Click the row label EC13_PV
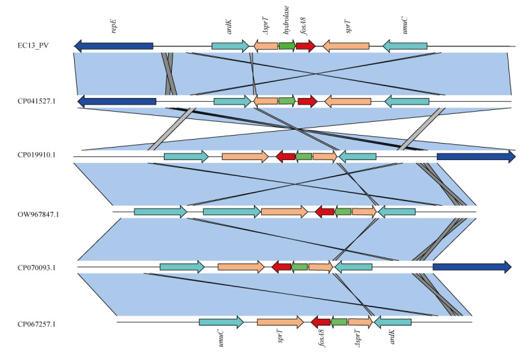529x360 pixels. point(33,45)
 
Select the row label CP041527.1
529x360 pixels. point(36,101)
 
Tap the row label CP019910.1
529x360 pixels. point(36,155)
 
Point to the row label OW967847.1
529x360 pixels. point(38,214)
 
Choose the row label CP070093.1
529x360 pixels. point(36,268)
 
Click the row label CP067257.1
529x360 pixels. point(36,324)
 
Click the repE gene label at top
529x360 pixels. point(114,26)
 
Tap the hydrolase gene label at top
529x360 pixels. point(286,20)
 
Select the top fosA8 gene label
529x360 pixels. point(304,26)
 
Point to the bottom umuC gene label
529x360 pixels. point(221,338)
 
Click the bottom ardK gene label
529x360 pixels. point(391,337)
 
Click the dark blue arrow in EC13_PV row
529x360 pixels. point(113,46)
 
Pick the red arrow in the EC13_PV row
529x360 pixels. point(306,46)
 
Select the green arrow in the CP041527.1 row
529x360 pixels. point(287,101)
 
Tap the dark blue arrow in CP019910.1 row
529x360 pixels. point(476,156)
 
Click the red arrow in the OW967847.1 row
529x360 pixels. point(325,212)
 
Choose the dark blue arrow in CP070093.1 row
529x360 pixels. point(472,267)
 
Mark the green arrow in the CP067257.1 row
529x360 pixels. point(339,322)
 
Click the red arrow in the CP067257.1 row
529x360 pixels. point(321,322)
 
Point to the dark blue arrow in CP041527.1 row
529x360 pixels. point(117,101)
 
